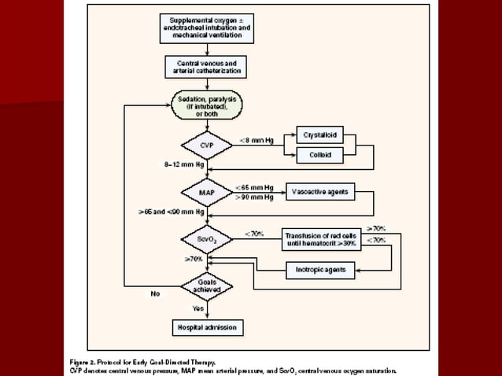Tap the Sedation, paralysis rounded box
[x=207, y=105]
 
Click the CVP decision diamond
[x=206, y=146]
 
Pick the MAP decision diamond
[x=206, y=192]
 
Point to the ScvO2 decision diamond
[x=206, y=238]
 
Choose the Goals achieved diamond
[x=206, y=286]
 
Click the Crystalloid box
[x=321, y=135]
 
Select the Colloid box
[x=321, y=156]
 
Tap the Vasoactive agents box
[x=319, y=191]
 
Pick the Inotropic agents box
[x=319, y=271]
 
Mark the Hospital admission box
[x=207, y=326]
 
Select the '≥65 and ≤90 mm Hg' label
[x=172, y=212]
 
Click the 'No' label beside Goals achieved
[x=155, y=295]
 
